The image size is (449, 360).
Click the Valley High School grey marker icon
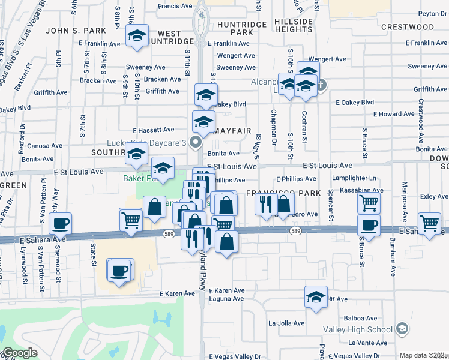402,329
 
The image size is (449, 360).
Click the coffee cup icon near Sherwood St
60,224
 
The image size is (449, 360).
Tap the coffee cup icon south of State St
119,270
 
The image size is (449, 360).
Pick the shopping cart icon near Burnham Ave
430,223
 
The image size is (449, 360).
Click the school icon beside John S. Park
137,36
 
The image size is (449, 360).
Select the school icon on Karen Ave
316,298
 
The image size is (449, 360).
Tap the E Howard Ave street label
393,114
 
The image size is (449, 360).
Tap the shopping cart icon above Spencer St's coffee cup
369,203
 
